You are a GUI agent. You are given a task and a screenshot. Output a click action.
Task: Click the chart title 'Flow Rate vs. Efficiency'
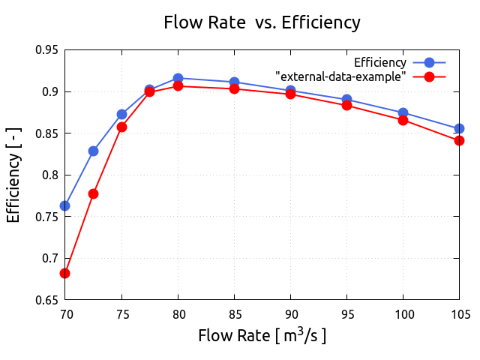262,22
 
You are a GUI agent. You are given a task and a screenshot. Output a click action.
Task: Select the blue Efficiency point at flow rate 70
65,205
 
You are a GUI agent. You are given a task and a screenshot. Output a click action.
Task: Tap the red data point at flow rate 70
65,273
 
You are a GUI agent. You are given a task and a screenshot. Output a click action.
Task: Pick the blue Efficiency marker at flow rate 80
178,78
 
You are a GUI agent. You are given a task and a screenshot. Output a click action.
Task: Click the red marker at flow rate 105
459,140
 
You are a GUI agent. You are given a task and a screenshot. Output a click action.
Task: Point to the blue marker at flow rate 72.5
93,151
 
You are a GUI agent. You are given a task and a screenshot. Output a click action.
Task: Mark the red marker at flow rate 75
121,127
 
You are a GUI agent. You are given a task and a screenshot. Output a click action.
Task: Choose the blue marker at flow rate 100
403,112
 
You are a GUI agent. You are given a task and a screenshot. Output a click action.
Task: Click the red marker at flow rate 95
346,105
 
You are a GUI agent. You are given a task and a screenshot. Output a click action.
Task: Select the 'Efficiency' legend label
380,62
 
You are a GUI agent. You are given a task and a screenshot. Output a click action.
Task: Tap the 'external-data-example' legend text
340,76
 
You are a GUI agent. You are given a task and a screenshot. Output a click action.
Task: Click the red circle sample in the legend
429,76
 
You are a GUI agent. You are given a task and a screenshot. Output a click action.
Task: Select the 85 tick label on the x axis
234,314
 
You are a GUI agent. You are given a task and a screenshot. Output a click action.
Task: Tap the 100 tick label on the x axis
403,314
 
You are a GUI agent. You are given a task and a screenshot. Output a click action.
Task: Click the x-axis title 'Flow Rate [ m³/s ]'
262,335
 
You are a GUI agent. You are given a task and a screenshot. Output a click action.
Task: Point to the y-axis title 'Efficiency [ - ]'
13,175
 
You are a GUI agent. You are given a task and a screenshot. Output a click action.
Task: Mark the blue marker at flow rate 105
459,128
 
